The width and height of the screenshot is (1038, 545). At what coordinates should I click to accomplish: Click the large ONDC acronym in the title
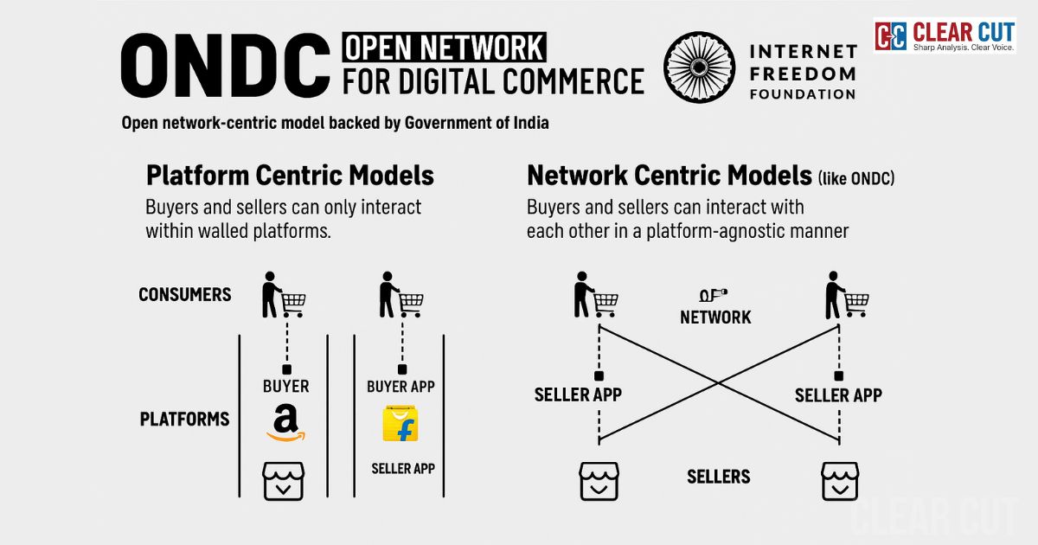227,67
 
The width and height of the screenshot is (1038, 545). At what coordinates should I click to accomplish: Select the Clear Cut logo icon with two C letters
891,36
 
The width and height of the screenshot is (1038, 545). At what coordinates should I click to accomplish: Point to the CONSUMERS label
185,295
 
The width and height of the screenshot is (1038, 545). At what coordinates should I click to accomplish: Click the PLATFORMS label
185,420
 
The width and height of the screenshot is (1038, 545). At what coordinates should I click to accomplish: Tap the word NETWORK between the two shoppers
715,317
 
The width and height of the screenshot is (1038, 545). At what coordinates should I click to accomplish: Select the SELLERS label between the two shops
718,477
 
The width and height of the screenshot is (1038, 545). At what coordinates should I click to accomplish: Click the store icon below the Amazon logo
284,481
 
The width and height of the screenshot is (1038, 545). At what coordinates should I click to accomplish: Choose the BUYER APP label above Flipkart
400,387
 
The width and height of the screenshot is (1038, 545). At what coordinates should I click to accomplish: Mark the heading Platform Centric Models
290,176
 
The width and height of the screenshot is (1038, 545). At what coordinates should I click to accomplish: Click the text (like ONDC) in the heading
855,179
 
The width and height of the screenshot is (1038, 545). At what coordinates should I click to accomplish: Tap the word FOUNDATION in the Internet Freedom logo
803,93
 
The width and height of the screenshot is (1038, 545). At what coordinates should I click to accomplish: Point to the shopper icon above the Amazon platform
284,295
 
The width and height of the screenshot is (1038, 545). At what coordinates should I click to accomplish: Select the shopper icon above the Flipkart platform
400,295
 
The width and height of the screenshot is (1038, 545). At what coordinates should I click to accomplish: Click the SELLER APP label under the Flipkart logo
402,469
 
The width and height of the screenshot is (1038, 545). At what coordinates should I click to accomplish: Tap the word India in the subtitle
529,123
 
